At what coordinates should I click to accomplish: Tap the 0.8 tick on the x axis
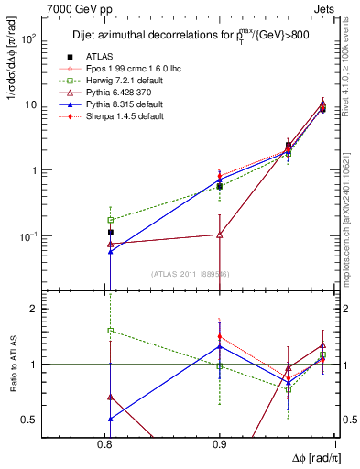[110, 443]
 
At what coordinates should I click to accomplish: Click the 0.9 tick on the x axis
[220, 443]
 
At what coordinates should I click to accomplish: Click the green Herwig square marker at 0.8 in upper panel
[110, 220]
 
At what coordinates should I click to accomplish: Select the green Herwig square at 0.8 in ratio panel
[110, 331]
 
